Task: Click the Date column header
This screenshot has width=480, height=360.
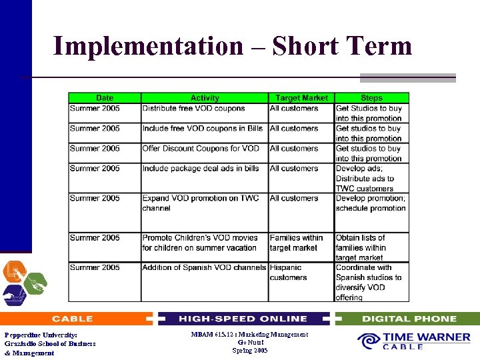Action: click(105, 98)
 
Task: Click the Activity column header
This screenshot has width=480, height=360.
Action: click(205, 98)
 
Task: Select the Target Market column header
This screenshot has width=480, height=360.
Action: click(301, 98)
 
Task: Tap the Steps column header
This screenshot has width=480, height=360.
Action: click(371, 98)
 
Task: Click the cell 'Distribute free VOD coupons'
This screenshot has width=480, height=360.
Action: click(194, 109)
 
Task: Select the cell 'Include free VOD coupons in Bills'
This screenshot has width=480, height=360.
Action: click(203, 129)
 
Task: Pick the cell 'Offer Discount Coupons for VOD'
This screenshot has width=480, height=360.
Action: click(201, 149)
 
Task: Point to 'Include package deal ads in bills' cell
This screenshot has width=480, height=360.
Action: click(201, 169)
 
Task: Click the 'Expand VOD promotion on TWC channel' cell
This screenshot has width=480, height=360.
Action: click(200, 203)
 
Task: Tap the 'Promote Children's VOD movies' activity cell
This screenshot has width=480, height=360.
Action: click(199, 243)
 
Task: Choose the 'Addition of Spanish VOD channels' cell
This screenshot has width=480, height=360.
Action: click(204, 268)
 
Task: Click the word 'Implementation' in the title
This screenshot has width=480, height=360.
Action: click(148, 46)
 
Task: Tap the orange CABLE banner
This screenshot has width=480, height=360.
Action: click(73, 319)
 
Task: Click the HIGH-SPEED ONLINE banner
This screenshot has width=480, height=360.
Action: click(243, 319)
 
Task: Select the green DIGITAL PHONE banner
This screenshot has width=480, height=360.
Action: click(409, 319)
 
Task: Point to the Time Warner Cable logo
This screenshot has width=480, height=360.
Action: click(414, 341)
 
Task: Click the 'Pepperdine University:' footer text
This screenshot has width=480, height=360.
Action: click(41, 335)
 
